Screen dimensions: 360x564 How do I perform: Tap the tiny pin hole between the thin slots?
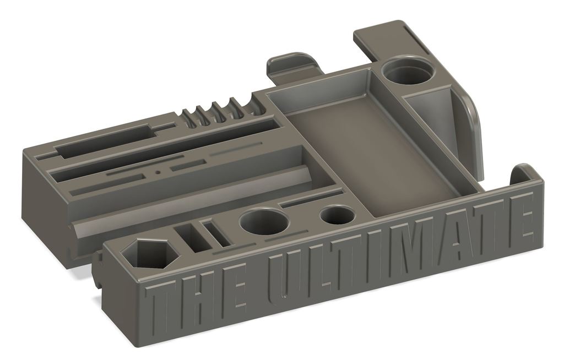[x=158, y=172]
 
